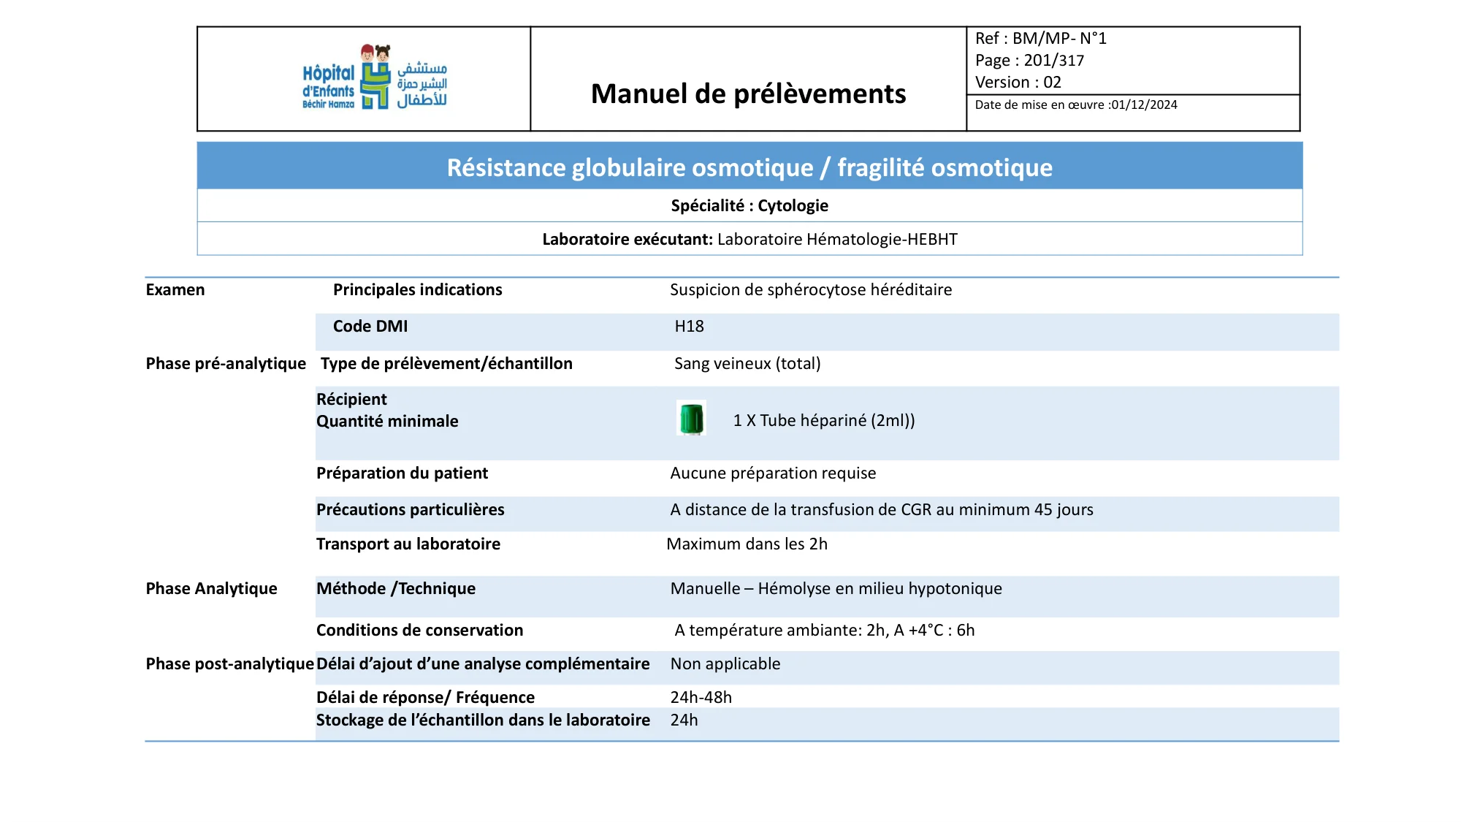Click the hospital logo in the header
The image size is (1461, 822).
(x=374, y=78)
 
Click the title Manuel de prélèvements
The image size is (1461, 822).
(x=748, y=94)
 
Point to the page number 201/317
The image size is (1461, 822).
(x=1053, y=61)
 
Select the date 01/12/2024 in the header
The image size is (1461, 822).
(x=1144, y=105)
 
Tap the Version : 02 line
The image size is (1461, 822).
(x=1018, y=83)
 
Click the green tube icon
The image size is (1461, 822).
(x=691, y=419)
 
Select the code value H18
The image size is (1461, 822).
(x=689, y=327)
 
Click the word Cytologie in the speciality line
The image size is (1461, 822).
(x=793, y=206)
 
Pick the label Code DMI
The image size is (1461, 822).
(x=370, y=327)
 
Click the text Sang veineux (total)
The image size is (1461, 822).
(x=747, y=364)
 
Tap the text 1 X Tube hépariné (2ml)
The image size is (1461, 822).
(x=823, y=421)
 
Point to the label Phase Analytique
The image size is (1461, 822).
(x=211, y=589)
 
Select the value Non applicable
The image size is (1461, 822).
(x=725, y=664)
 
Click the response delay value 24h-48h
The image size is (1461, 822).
(x=701, y=698)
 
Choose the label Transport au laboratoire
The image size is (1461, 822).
(x=408, y=544)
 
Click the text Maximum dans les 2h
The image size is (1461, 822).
(x=747, y=544)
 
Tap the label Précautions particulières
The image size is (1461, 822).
(x=410, y=510)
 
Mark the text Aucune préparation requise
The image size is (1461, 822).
(x=773, y=473)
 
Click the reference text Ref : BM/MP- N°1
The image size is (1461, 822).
(x=1040, y=39)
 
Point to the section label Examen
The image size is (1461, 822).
(x=175, y=290)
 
